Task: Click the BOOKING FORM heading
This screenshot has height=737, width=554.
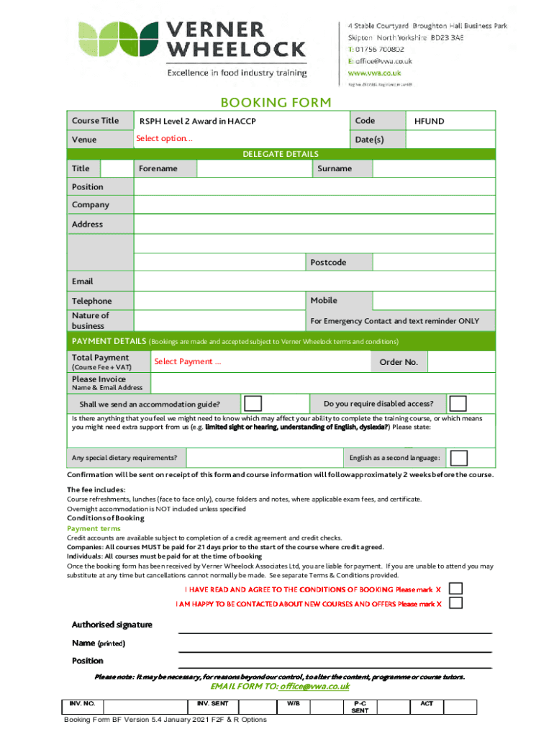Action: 276,102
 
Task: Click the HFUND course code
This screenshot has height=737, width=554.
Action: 429,121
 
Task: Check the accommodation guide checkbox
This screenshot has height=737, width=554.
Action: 253,403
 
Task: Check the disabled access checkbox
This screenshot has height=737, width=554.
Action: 457,403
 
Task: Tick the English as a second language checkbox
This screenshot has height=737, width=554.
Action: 458,458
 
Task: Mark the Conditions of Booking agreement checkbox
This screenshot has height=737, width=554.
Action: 455,588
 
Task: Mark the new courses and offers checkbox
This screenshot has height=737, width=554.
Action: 455,603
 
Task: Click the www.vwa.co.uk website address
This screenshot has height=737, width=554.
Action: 374,73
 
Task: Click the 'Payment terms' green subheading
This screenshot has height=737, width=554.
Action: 94,528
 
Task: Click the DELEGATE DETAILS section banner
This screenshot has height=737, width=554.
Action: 280,154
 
